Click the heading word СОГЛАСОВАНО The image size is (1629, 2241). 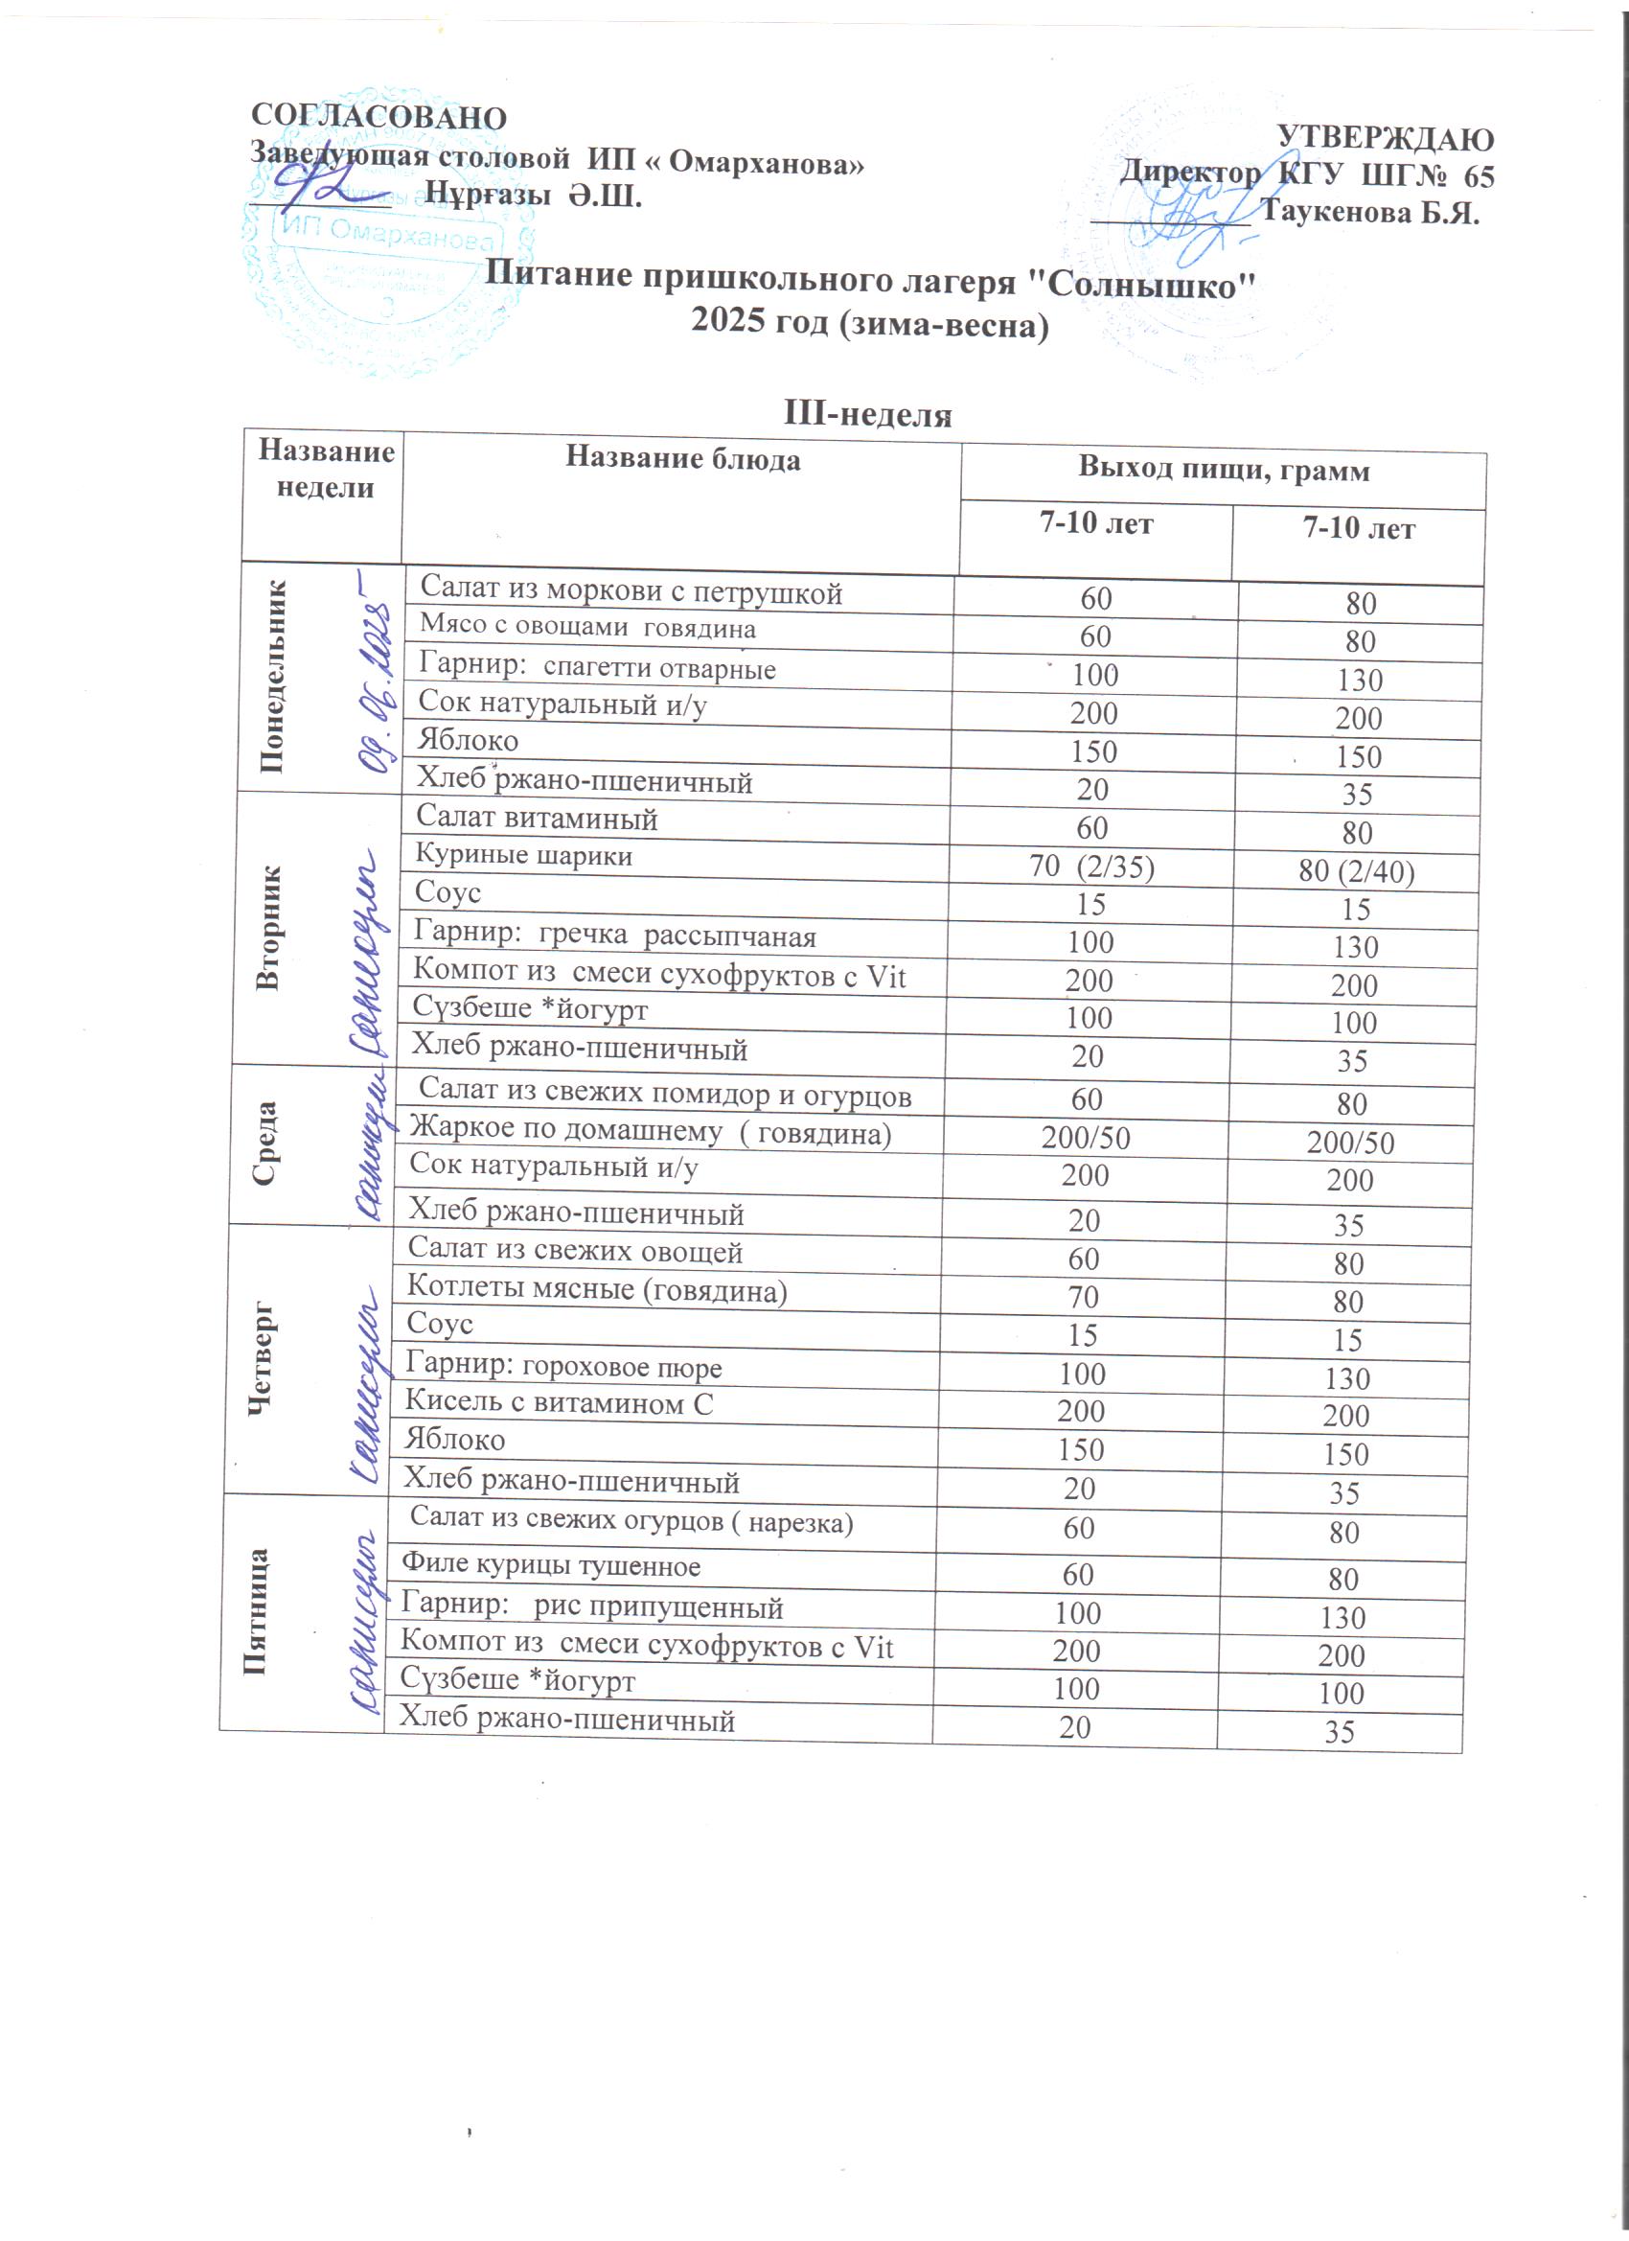coord(379,117)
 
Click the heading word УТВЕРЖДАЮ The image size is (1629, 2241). coord(1385,138)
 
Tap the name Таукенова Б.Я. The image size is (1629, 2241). coord(1369,213)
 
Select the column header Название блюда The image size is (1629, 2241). coord(682,459)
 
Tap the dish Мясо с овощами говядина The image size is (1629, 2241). coord(587,627)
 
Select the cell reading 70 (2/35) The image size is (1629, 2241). coord(1091,866)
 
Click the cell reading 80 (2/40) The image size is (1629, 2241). coord(1356,871)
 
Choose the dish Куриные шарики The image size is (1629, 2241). coord(523,856)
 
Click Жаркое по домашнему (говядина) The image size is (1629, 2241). coord(650,1131)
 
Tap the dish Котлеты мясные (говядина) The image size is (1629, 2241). coord(597,1290)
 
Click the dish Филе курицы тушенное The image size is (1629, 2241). coord(550,1566)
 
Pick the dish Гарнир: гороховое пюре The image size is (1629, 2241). coord(563,1367)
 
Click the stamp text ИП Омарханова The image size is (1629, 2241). coord(388,234)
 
